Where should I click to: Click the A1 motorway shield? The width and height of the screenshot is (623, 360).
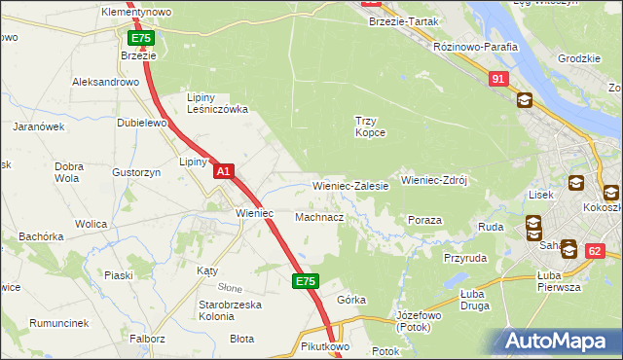coord(224,171)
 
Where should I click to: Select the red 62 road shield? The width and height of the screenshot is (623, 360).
coord(597,251)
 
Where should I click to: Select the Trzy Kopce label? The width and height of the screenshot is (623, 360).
coord(370,126)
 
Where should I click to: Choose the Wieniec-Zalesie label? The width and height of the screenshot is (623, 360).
coord(350,185)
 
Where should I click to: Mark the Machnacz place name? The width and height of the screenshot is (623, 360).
coord(319,217)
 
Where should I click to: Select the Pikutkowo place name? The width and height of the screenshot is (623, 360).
coord(325,346)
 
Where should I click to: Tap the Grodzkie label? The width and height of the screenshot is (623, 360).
coord(578,58)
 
